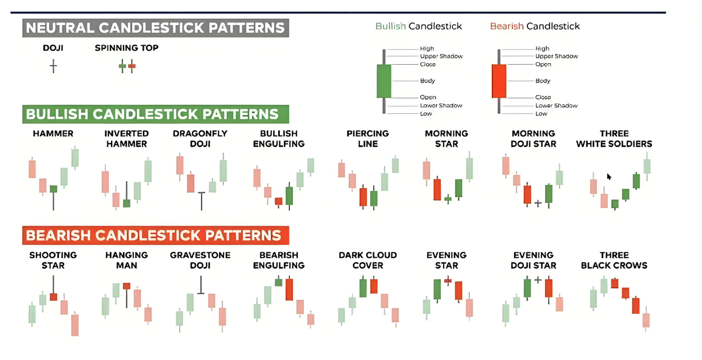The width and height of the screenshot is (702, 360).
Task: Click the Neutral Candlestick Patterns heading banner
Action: coord(155,28)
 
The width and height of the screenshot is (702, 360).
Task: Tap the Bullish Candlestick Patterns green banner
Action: coord(155,114)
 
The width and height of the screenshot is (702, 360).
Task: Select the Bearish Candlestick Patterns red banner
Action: coord(155,235)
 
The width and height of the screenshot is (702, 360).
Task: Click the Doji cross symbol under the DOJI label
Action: coord(53,66)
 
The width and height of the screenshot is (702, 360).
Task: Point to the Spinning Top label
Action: coord(126,48)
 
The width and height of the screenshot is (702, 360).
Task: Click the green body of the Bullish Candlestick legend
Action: coord(384,81)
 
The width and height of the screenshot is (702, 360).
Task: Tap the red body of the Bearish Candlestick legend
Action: coord(499,81)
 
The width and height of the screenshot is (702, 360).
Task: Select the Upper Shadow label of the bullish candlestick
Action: coord(441,56)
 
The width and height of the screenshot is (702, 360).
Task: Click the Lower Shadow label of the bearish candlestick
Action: coord(556,106)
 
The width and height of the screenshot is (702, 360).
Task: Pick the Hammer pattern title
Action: coord(53,134)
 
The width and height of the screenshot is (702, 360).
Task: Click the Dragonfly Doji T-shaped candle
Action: coord(202,201)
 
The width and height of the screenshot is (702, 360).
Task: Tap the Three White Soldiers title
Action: coord(614,139)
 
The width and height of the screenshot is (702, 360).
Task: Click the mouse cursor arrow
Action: coord(609,176)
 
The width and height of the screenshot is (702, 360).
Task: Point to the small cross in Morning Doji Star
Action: coord(538,204)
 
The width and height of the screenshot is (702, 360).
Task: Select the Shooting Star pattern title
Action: coord(53,260)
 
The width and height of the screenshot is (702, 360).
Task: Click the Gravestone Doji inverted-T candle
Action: coord(201,285)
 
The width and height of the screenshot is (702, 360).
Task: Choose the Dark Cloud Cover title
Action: coord(368,260)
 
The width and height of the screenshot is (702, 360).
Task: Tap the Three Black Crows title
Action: coord(614,260)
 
